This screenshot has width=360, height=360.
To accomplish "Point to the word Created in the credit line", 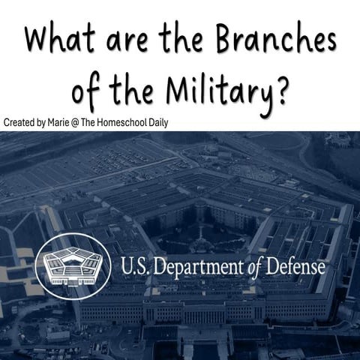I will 19,121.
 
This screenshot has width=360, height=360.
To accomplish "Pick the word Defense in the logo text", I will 298,266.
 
